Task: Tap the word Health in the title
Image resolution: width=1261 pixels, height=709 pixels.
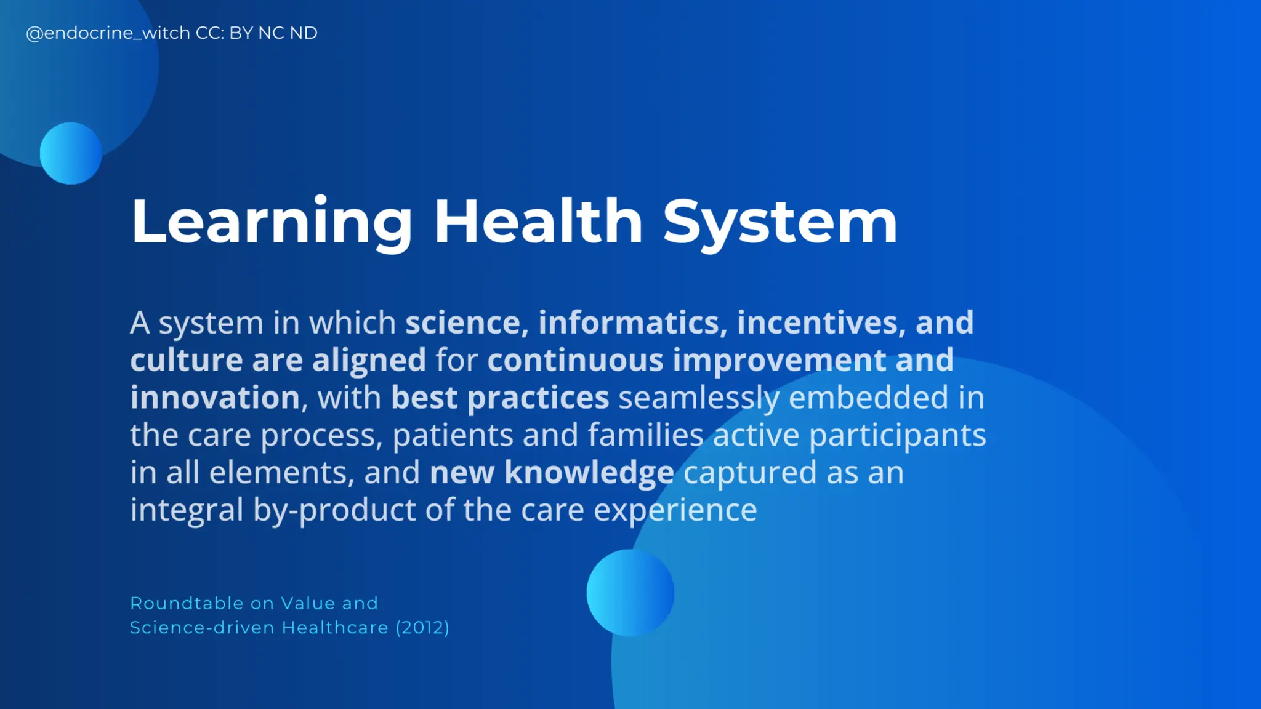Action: tap(538, 222)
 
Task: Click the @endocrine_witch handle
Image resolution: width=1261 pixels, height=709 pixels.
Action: tap(108, 33)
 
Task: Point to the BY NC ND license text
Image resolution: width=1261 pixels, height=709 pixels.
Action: tap(273, 33)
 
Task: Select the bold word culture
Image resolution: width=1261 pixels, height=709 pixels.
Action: tap(186, 361)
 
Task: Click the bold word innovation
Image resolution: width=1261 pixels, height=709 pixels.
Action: tap(215, 398)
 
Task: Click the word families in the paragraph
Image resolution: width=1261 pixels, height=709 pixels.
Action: tap(645, 436)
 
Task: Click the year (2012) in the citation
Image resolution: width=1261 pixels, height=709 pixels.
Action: tap(422, 628)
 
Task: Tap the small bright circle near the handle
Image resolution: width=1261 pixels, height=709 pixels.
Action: tap(71, 153)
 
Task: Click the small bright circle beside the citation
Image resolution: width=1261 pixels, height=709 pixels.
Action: tap(630, 593)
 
